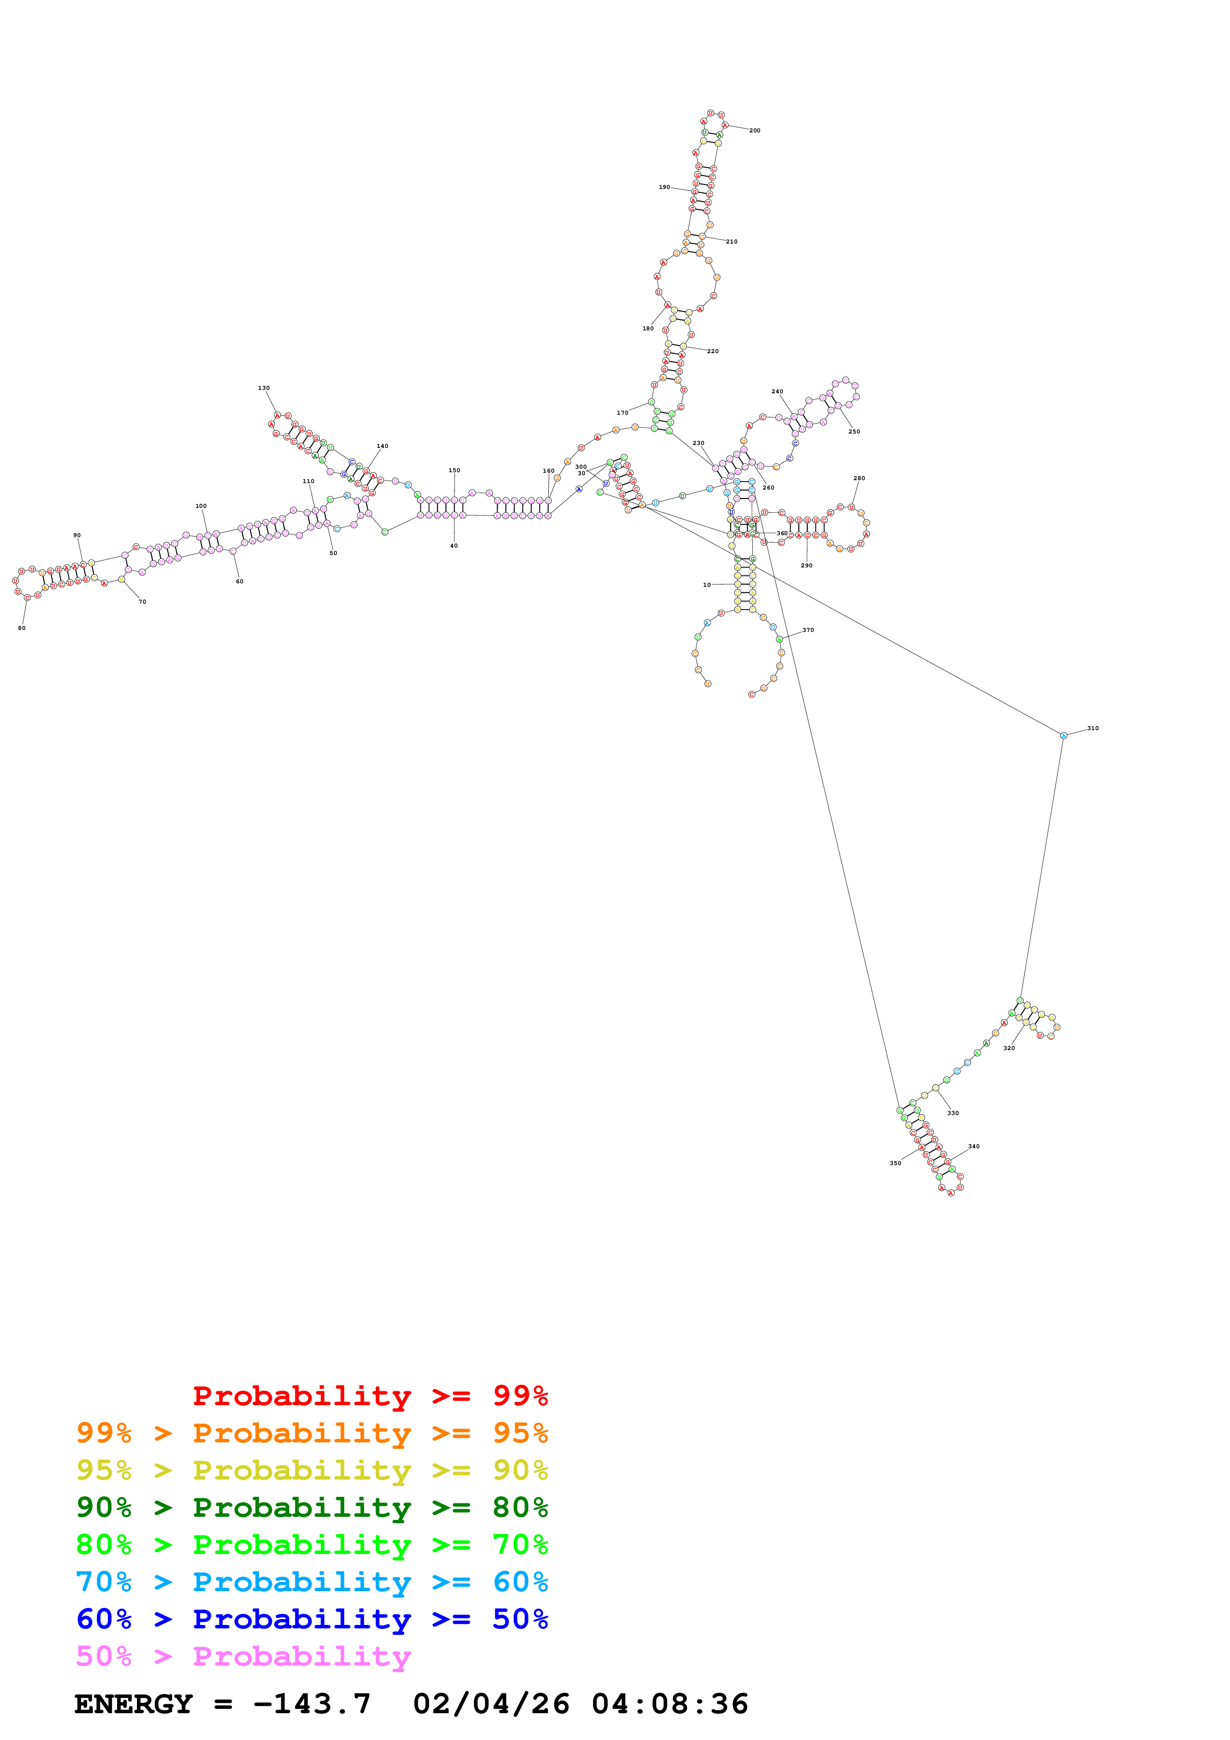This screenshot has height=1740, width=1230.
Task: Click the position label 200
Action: point(754,131)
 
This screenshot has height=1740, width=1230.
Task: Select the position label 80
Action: point(22,628)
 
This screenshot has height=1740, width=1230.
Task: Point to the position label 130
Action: point(264,388)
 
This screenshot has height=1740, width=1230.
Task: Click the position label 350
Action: point(895,1163)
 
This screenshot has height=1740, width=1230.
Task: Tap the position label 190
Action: point(664,187)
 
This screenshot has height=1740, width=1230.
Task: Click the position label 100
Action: point(201,506)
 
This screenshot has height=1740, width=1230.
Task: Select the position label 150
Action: point(454,471)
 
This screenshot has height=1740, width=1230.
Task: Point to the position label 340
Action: point(974,1147)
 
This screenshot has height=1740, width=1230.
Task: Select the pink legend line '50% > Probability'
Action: point(243,1657)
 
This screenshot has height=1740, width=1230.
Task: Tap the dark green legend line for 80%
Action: point(312,1508)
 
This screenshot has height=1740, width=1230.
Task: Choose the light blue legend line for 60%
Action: point(312,1582)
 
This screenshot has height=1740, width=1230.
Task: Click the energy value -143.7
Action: point(312,1704)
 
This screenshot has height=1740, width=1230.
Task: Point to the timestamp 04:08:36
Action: point(670,1704)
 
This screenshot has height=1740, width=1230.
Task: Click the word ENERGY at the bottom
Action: point(133,1704)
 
